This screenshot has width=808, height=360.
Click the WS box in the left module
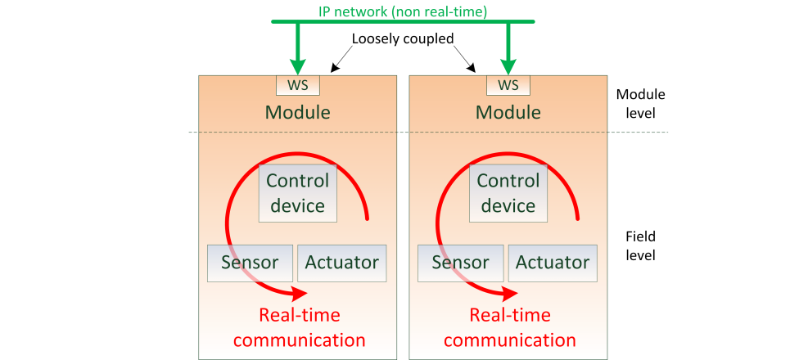point(298,85)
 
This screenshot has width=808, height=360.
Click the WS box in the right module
point(508,85)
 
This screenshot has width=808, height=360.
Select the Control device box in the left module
point(298,193)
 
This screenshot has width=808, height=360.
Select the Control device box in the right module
point(508,193)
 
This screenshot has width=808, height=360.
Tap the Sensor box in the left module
point(250,263)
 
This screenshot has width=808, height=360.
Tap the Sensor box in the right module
point(460,263)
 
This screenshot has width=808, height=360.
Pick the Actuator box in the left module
point(341,263)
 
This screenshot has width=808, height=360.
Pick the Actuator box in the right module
point(552,263)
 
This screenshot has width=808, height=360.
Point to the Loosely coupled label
point(402,38)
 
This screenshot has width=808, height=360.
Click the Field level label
point(640,245)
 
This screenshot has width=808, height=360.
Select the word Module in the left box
point(298,112)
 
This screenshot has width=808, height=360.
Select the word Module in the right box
point(508,112)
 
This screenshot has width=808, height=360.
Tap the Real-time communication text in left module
point(300,327)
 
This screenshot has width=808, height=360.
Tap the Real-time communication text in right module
point(510,327)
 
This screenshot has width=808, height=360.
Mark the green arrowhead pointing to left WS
point(298,66)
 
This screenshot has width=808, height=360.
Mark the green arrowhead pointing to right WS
point(508,66)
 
